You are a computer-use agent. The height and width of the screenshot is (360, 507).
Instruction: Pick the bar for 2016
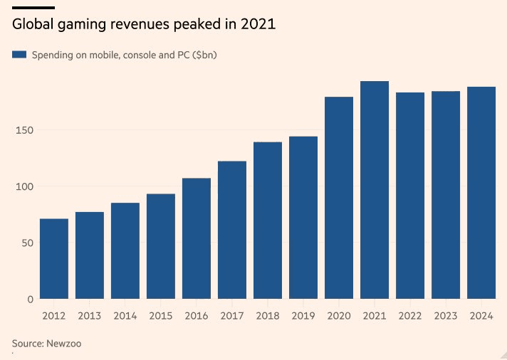coord(197,238)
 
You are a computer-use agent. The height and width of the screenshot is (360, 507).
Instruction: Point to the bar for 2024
coord(481,193)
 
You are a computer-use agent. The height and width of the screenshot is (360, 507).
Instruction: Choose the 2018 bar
coord(268,221)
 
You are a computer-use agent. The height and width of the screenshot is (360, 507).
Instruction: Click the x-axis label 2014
coord(125,315)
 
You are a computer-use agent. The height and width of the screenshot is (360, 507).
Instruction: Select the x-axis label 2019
coord(303,315)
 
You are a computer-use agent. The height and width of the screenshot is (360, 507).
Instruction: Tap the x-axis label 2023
coord(446,315)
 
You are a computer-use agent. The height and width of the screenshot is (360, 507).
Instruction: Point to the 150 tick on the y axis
coord(24,130)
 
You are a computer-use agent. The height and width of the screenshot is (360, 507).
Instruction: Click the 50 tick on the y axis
coord(27,243)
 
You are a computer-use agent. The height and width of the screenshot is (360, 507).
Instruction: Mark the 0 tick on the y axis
coord(31,300)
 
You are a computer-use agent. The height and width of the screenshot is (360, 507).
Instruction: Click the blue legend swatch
coord(19,55)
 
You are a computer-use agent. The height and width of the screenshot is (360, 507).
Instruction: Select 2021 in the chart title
coord(258,24)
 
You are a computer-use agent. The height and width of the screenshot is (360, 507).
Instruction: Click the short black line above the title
coord(33,6)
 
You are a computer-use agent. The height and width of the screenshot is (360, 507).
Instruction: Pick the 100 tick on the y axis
coord(24,186)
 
